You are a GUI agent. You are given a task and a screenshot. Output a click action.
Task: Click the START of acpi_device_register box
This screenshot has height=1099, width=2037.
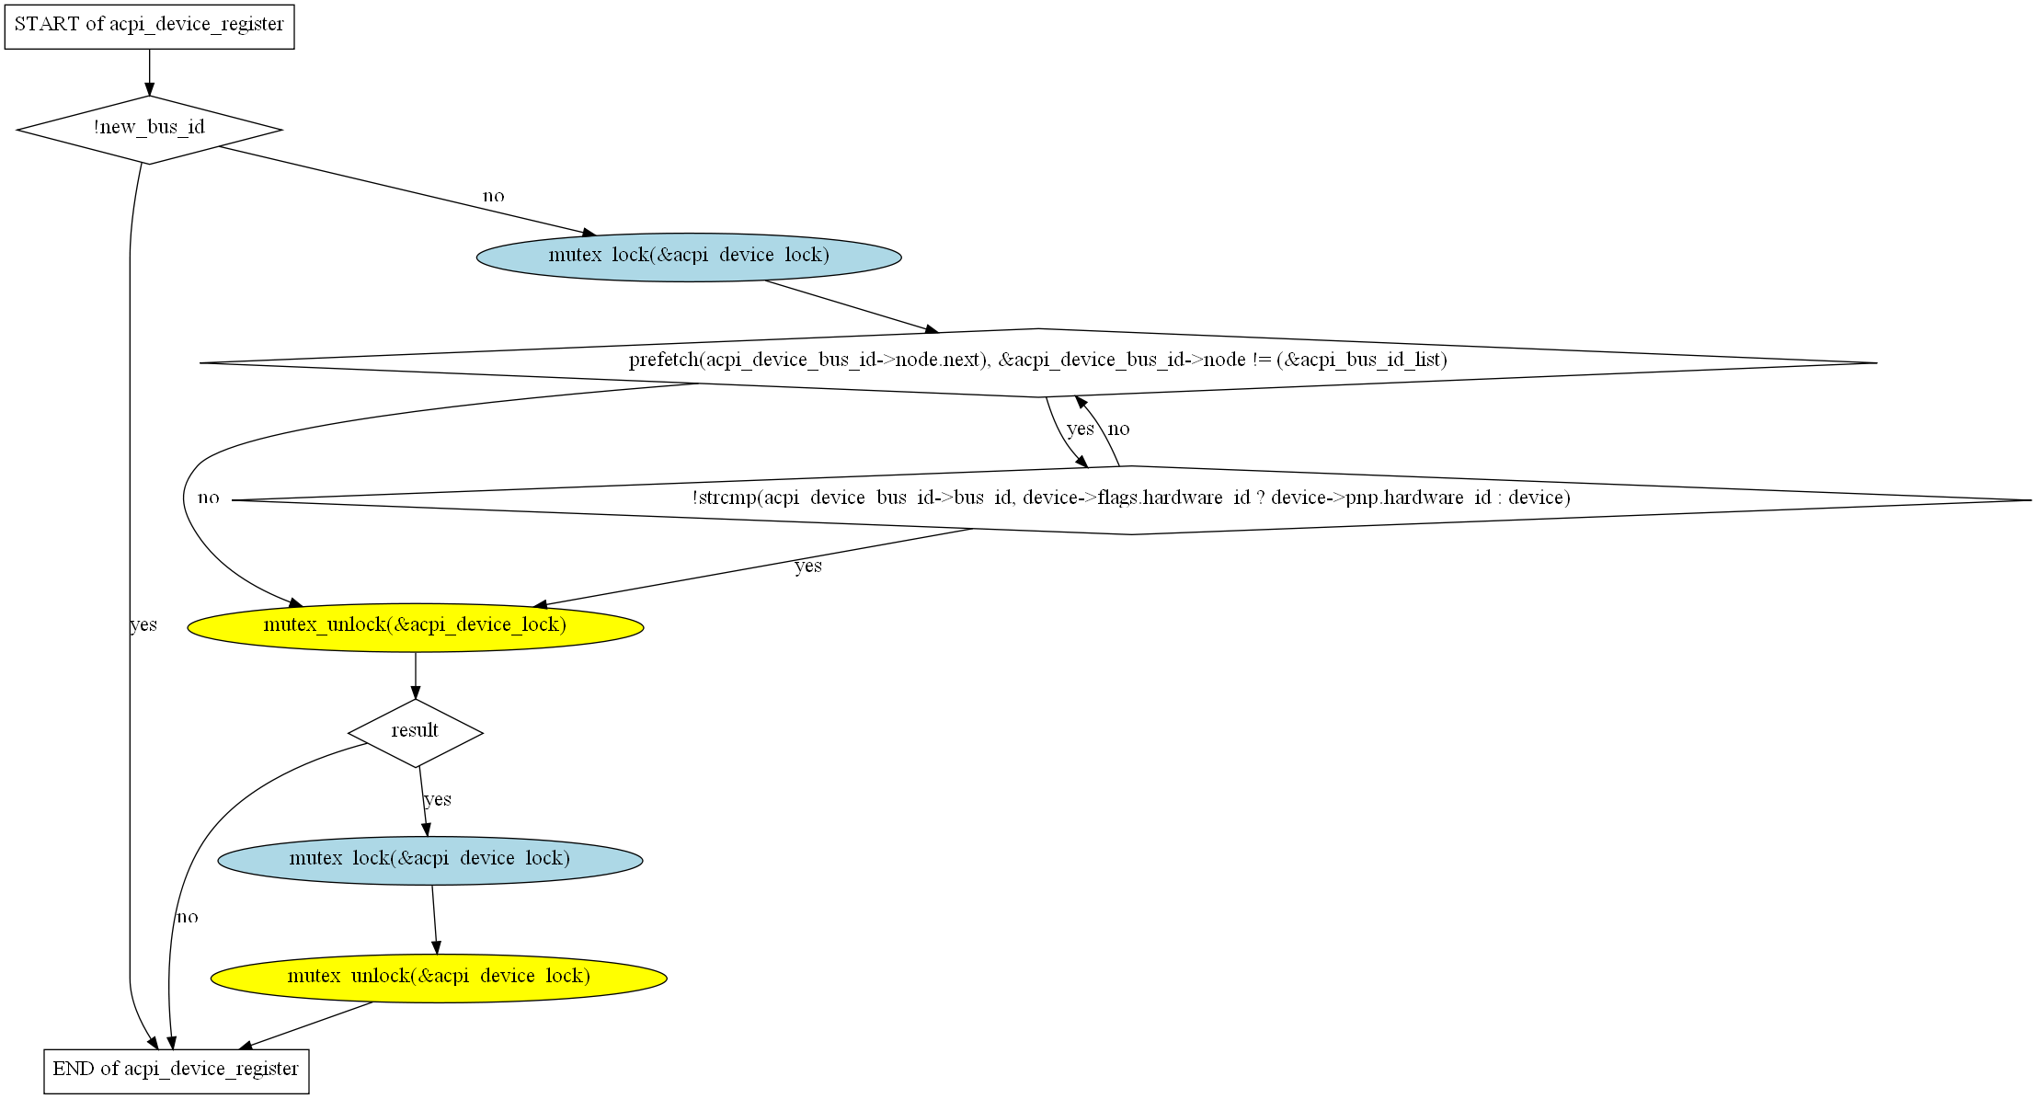tap(149, 25)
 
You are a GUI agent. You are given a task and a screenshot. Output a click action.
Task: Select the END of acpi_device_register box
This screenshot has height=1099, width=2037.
tap(176, 1070)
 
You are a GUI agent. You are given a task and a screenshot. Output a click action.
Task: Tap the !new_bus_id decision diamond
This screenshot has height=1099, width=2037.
tap(149, 129)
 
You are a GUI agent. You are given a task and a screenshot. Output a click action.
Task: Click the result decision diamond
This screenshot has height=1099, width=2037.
tap(415, 732)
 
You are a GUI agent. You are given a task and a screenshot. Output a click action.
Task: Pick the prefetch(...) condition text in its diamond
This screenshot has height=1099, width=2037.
tap(1037, 361)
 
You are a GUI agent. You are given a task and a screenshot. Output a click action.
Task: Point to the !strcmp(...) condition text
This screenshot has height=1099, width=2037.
tap(1131, 498)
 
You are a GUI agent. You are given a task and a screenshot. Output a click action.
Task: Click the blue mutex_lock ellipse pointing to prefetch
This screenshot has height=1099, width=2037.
tap(689, 257)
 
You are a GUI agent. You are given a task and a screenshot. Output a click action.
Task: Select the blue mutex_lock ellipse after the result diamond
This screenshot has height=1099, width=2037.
tap(429, 860)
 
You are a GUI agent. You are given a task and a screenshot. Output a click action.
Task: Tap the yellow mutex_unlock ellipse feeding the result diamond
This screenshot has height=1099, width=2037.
tap(415, 626)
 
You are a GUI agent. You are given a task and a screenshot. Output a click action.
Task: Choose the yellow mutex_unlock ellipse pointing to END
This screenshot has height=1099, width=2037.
tap(439, 978)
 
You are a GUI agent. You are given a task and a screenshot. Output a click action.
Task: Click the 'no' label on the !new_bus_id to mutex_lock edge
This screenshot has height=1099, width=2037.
tap(494, 196)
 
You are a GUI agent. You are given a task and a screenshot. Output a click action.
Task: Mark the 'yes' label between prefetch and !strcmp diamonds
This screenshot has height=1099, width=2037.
tap(1080, 429)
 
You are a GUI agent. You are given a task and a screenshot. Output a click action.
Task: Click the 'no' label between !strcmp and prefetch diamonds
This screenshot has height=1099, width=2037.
tap(1118, 429)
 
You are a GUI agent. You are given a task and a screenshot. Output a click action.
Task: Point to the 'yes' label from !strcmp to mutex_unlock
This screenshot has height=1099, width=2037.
tap(808, 567)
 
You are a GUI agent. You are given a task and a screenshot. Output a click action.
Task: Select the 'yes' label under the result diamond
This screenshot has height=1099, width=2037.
tap(438, 799)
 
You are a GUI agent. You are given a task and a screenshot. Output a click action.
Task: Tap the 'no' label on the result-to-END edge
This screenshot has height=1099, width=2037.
tap(187, 917)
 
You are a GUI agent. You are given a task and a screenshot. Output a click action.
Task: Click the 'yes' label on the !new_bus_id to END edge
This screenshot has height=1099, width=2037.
tap(143, 625)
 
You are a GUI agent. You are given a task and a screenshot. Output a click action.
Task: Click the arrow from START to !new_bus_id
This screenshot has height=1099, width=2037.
tap(149, 72)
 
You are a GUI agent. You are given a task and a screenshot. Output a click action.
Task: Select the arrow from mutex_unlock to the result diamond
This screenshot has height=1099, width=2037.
tap(415, 676)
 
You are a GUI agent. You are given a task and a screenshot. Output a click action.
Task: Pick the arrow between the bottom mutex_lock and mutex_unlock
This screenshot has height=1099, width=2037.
tap(435, 920)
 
